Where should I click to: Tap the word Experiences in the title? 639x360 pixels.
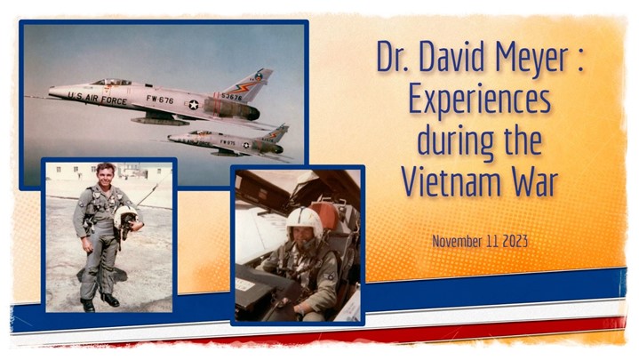(480, 101)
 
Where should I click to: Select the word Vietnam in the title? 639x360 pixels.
(451, 181)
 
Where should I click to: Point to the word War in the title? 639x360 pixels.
(535, 181)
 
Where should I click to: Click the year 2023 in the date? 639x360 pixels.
(515, 242)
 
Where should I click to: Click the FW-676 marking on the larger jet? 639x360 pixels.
(160, 99)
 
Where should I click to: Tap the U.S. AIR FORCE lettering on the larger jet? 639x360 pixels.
(97, 99)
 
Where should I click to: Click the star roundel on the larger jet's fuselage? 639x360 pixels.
(194, 105)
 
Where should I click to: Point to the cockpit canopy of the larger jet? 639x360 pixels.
(111, 83)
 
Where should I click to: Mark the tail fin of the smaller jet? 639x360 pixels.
(277, 133)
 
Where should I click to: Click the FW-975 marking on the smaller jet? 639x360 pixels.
(228, 142)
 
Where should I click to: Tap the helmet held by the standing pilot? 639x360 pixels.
(126, 219)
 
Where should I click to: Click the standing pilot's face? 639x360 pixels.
(106, 174)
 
